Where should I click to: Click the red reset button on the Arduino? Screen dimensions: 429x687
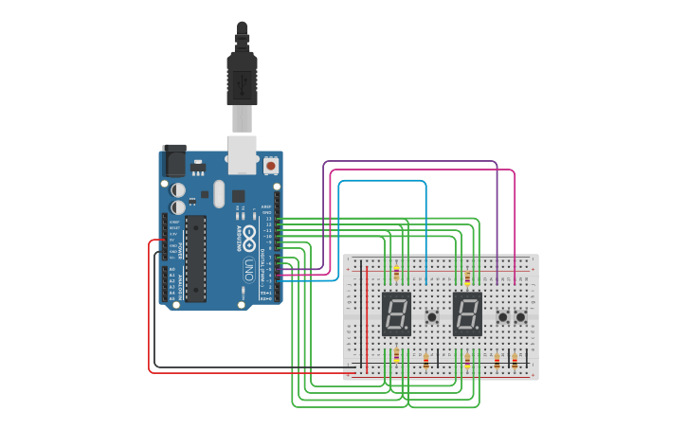tap(271, 166)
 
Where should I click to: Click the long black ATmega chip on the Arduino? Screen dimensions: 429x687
tap(195, 258)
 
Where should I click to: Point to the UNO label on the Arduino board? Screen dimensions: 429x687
tap(249, 268)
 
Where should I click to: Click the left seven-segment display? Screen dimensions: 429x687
tap(396, 313)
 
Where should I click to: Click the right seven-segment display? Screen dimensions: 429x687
tap(467, 313)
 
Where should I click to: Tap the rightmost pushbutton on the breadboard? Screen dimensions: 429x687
tap(520, 317)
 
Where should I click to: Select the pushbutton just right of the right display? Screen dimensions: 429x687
tap(502, 317)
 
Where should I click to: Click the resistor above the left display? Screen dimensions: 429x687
tap(396, 275)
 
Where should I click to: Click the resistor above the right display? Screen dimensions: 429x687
tap(467, 277)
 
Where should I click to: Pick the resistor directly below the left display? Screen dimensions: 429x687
tap(396, 356)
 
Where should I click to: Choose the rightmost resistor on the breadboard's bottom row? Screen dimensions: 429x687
tap(515, 360)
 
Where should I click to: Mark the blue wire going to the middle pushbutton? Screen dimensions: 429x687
tap(379, 181)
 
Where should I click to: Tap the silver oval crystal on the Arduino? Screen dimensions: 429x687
tap(219, 194)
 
